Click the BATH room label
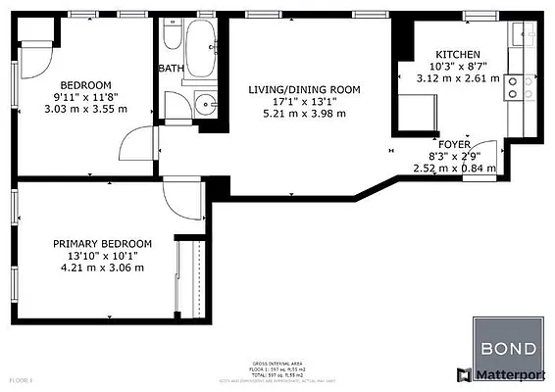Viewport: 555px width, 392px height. pos(170,69)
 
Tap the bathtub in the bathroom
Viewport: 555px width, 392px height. pos(203,48)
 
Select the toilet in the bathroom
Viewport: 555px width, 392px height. pos(171,38)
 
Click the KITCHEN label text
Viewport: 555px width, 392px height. pos(458,55)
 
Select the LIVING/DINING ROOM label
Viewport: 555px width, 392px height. pos(303,89)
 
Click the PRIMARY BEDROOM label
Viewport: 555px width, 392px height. pos(102,243)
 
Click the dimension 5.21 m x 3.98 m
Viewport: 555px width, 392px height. pos(303,113)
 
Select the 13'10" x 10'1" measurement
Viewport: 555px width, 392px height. pos(102,255)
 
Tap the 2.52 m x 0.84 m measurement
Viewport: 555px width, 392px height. pos(454,168)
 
